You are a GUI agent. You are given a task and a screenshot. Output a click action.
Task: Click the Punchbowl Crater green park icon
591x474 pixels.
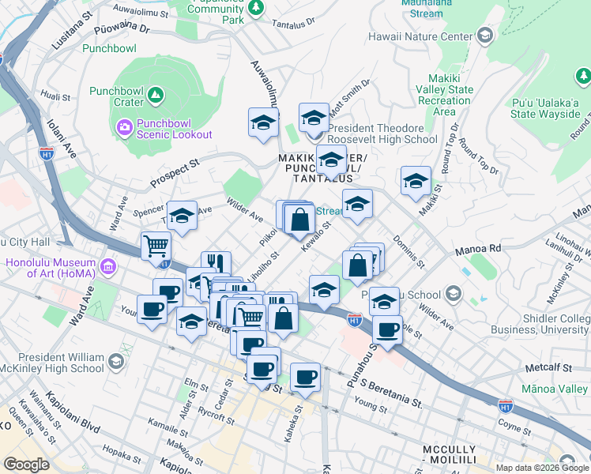[156, 96]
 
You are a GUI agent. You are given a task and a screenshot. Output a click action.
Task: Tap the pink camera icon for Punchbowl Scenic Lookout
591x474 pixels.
[124, 126]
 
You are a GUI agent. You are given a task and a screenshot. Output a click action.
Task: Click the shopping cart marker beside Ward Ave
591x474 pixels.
[156, 246]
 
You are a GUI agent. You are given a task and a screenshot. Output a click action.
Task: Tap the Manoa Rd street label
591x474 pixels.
[478, 249]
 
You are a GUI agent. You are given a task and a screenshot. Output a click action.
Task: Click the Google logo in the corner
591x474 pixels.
[26, 465]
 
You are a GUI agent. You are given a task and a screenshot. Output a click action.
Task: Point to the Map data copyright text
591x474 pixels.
[543, 468]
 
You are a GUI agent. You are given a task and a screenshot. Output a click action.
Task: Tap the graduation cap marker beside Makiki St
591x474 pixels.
[416, 181]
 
